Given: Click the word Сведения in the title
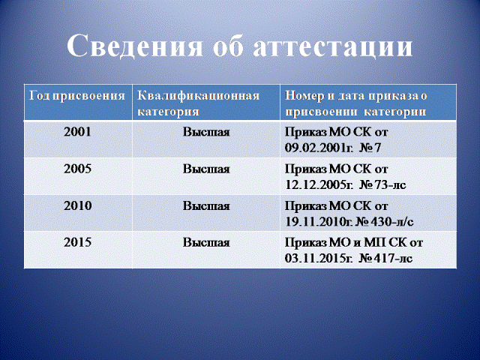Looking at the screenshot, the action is coord(135,46).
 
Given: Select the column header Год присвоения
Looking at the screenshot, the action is coord(77,97).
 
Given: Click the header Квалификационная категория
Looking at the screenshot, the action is coord(198,103).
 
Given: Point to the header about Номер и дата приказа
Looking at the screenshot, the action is coord(356,103).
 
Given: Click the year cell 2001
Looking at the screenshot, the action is coord(77,132).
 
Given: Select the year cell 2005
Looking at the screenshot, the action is coord(77,169).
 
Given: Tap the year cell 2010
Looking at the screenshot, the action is coord(77,205).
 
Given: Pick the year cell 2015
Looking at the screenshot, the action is coord(77,242).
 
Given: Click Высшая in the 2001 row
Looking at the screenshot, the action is coord(206,132).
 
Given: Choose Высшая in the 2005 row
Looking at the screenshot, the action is coord(206,169).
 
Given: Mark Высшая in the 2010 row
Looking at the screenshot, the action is coord(206,205).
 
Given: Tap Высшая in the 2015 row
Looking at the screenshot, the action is coord(206,242).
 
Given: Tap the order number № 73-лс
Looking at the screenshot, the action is coord(382,185).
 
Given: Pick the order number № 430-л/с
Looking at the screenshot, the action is coord(385,222).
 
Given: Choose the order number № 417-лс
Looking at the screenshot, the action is coord(385,258).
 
